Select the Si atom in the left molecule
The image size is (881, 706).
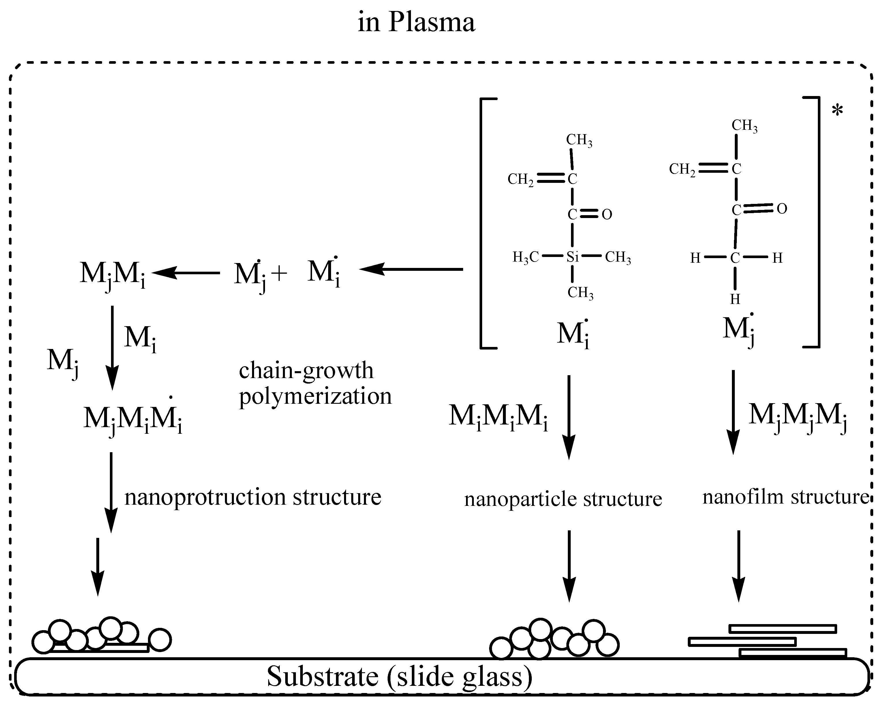[x=572, y=257]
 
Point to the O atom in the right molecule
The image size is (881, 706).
[x=782, y=209]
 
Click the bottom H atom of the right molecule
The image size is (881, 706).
[x=735, y=299]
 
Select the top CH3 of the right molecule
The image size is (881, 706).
[x=744, y=125]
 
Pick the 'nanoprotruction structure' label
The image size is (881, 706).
[x=253, y=497]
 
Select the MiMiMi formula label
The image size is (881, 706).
[x=498, y=416]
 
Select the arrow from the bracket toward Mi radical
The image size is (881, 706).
[x=411, y=269]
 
